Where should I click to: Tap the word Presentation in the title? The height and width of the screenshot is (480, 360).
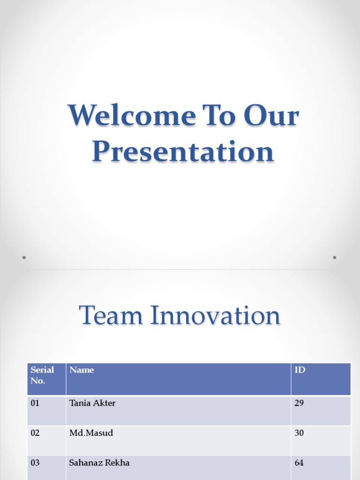point(183,152)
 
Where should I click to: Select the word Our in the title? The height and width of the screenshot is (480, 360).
point(271,116)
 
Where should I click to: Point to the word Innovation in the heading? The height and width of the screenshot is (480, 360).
point(215,315)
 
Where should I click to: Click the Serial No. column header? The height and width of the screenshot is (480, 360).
point(42,375)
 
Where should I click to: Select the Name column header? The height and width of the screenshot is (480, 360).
point(82,370)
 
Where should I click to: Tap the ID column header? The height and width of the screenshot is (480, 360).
point(300,370)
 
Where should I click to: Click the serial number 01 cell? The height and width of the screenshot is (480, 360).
point(35,403)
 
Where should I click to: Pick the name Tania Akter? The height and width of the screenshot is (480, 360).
point(92,403)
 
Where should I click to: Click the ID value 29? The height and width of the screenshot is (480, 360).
point(299,403)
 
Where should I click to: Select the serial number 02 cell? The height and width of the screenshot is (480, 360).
point(35,433)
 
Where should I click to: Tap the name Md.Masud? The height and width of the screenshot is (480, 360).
point(91,433)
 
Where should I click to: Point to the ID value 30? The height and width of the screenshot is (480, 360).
point(299,433)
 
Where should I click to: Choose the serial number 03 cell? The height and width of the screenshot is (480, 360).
point(35,463)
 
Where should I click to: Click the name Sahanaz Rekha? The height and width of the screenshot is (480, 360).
point(99,463)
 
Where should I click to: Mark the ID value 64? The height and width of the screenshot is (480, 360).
point(299,463)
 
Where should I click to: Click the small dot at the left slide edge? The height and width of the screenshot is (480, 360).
point(24,257)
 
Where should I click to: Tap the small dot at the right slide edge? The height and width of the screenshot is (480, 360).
point(335,257)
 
